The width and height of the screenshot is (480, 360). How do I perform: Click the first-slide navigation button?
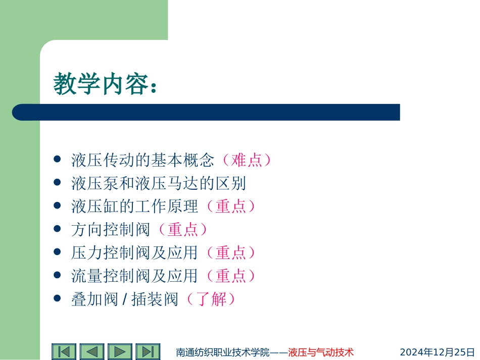coord(64,351)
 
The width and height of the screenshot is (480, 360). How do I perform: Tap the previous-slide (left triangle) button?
coord(92,351)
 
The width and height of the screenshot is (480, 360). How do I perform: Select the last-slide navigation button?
coord(148,351)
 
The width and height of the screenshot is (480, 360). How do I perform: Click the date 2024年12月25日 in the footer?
coord(437,352)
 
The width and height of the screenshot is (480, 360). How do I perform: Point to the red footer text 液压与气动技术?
coord(320,352)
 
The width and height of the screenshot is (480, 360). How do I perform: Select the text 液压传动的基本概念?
coord(143,160)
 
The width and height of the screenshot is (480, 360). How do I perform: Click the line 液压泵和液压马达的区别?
coord(159,183)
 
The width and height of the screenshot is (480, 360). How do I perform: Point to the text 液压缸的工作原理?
coord(135,206)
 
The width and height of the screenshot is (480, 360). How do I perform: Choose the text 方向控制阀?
coord(111,230)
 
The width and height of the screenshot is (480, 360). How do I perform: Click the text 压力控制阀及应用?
coord(135,252)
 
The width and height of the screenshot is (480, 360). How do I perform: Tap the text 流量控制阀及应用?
coord(135,276)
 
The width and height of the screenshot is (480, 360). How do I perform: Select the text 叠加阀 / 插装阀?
coord(125,299)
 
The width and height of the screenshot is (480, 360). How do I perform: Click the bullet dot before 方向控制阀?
coord(57,229)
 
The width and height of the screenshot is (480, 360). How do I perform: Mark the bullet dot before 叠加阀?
coord(57,299)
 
